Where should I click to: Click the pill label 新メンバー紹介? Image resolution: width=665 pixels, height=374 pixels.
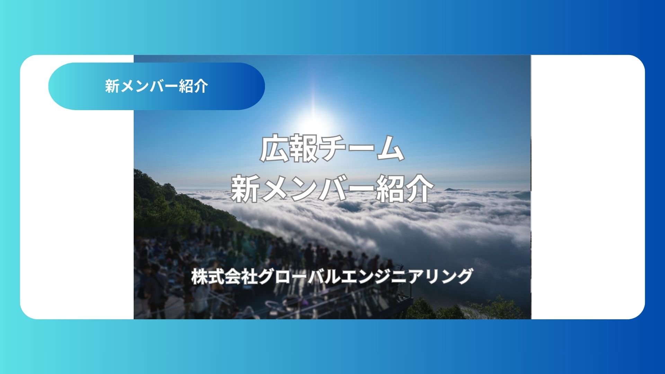coord(157,86)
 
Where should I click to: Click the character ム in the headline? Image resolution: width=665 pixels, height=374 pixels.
coord(390,149)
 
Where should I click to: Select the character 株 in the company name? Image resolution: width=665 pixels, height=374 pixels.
coord(199,277)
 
